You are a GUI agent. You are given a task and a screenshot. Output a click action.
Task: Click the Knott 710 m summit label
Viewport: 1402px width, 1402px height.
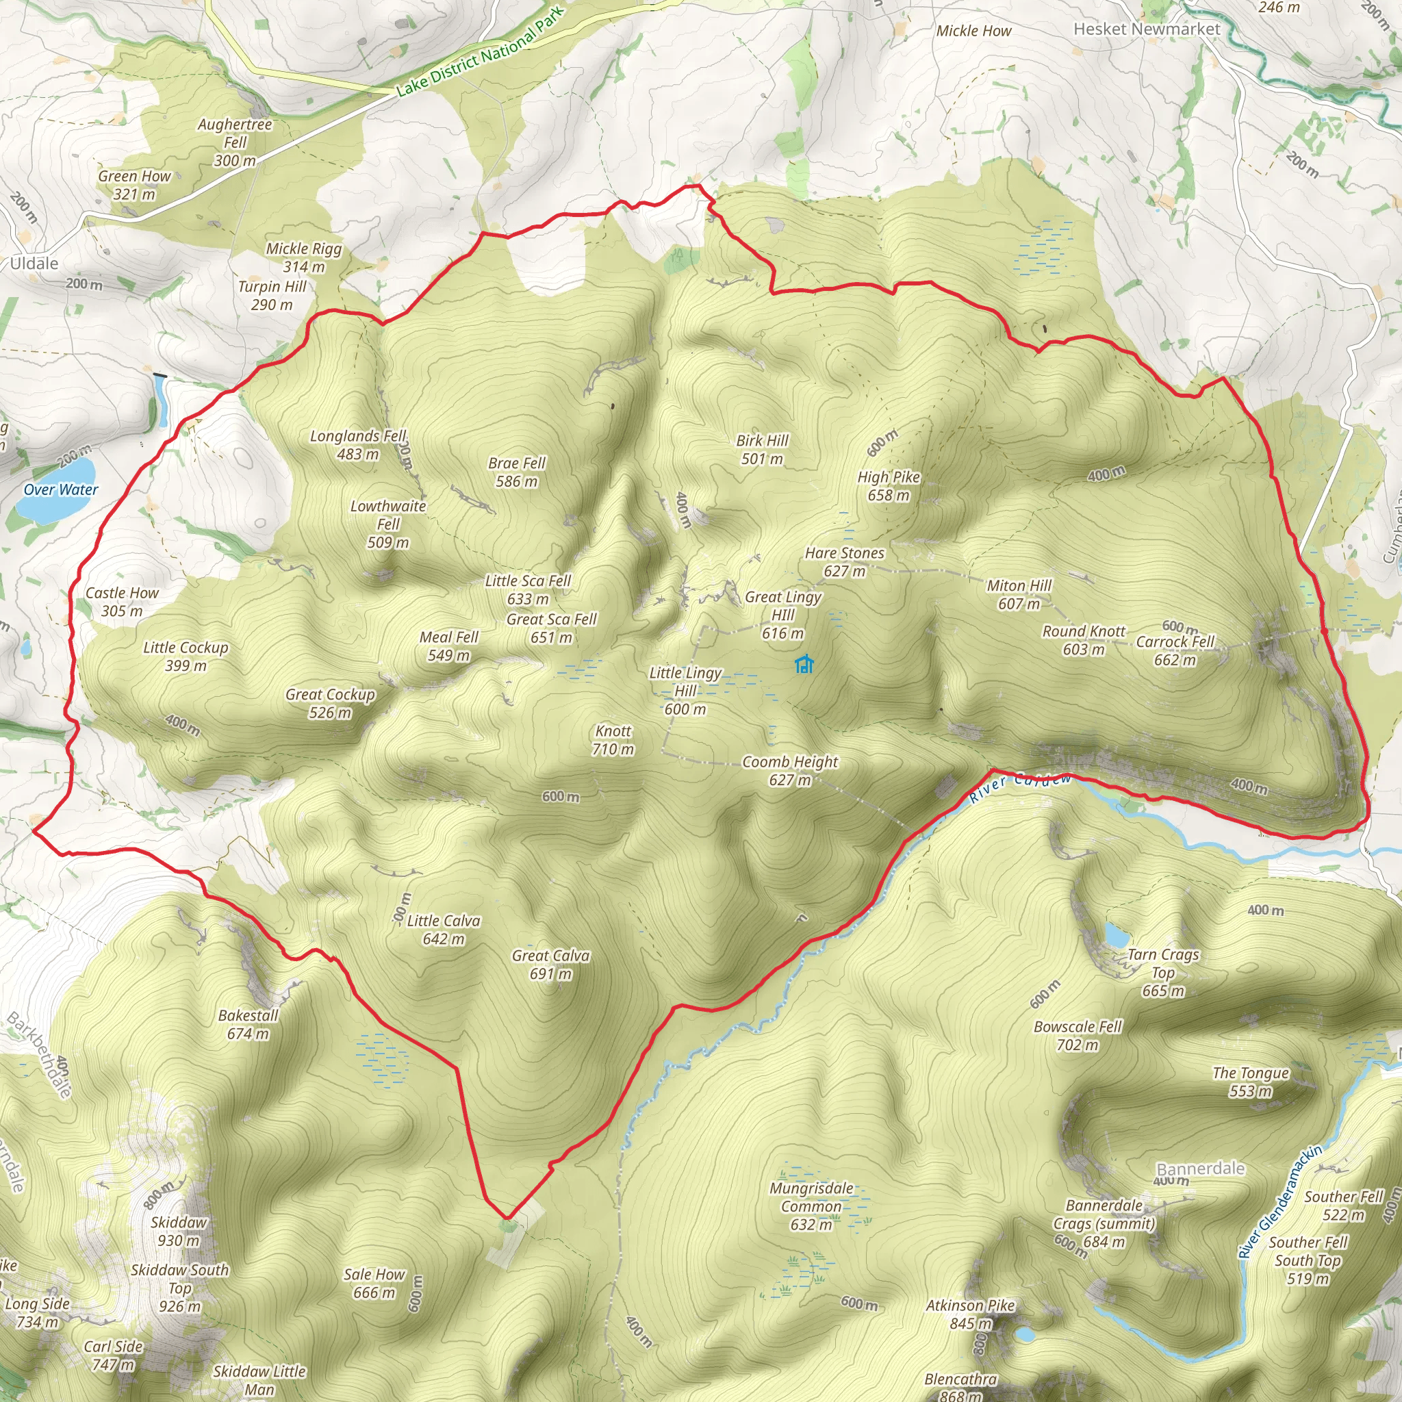(613, 740)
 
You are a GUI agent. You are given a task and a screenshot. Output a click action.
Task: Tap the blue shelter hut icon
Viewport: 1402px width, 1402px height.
(803, 664)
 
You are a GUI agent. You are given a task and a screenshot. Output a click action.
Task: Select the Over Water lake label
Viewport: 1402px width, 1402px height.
(61, 490)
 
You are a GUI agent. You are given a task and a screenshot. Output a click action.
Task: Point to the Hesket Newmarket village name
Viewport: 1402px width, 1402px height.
(1147, 29)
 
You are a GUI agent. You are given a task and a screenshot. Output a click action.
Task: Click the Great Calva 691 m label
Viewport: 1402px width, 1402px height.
(551, 965)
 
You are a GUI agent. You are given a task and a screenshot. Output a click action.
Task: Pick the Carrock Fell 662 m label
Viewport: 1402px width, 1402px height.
(1175, 650)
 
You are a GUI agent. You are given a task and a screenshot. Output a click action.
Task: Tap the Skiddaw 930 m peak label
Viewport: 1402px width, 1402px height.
(179, 1231)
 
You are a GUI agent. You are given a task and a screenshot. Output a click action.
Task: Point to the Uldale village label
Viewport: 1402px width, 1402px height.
(34, 264)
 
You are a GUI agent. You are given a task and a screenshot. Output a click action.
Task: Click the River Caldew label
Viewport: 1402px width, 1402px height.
(1019, 786)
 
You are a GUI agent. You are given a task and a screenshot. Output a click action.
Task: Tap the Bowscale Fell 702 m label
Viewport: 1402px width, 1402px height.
(1078, 1036)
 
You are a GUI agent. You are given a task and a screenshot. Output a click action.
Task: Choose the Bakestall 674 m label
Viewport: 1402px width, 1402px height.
(248, 1024)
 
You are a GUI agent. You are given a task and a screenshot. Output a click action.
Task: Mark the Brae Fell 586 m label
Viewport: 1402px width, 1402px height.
(517, 472)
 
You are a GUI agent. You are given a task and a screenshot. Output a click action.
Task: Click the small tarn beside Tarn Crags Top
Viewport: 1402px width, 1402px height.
(1117, 934)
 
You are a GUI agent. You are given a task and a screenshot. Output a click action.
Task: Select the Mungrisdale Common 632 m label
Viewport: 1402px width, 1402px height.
(811, 1206)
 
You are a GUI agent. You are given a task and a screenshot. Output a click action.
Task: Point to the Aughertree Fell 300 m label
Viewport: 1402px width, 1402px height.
(234, 142)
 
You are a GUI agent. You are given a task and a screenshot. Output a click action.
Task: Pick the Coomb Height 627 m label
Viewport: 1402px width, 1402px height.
(789, 771)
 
